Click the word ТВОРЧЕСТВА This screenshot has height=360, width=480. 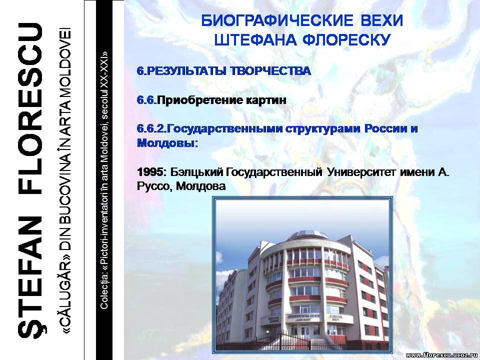tap(270, 71)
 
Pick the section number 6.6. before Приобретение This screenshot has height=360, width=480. tap(147, 100)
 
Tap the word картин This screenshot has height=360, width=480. tap(266, 100)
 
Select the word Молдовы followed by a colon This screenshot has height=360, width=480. tap(167, 143)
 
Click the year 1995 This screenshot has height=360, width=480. tap(149, 172)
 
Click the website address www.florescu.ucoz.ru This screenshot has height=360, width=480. tap(442, 355)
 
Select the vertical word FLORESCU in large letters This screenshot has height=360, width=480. tap(30, 109)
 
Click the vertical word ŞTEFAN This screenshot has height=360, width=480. tap(30, 277)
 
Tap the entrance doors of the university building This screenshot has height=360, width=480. tap(305, 330)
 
